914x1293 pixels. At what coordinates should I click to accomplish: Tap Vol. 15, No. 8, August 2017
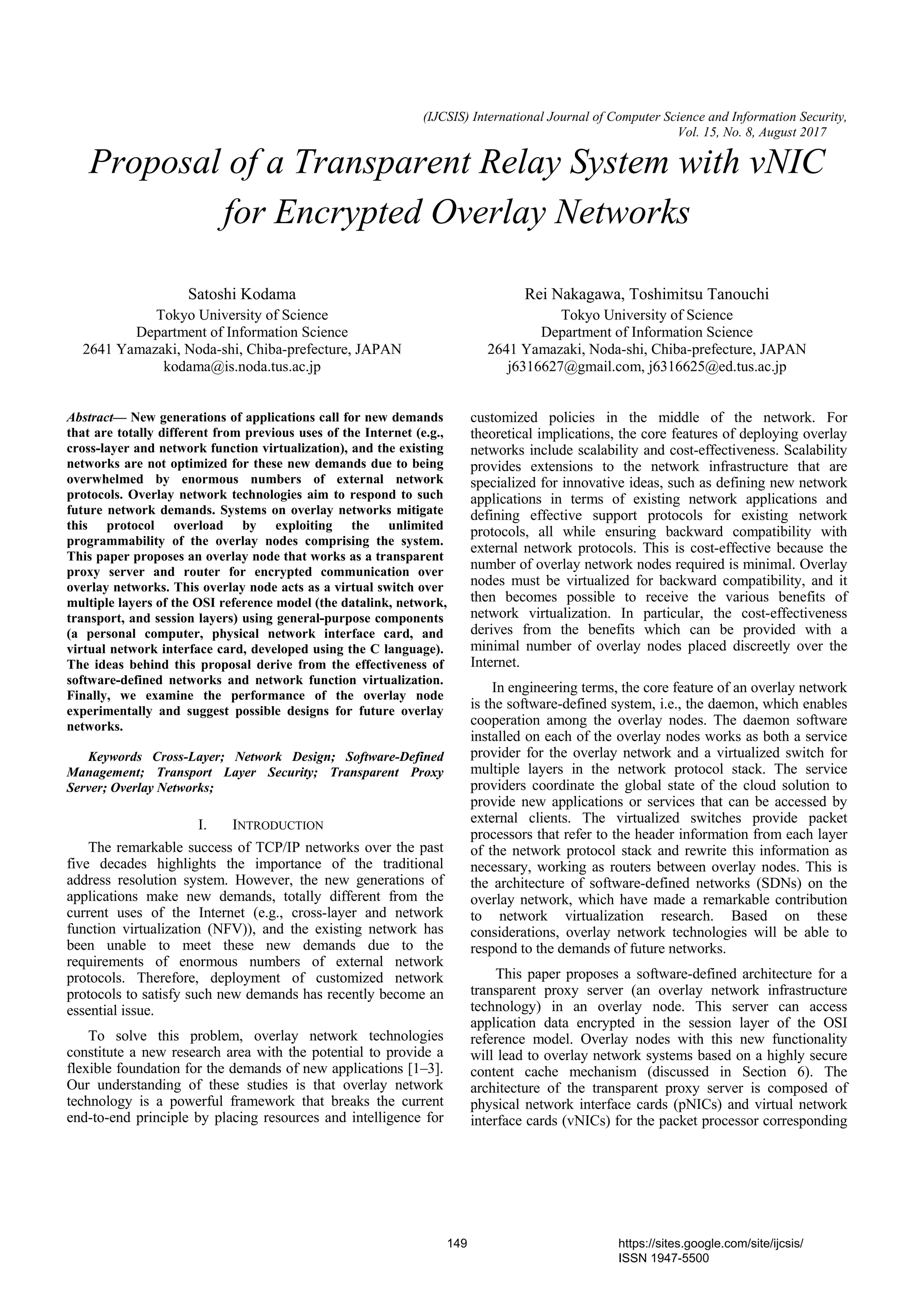coord(753,133)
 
